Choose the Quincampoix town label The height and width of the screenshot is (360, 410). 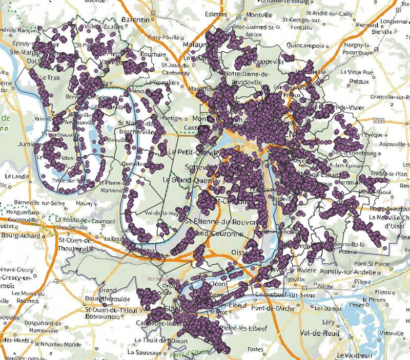(305, 45)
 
